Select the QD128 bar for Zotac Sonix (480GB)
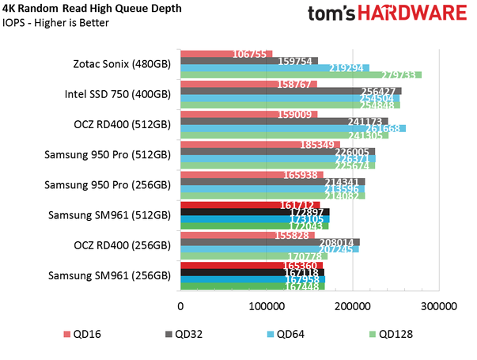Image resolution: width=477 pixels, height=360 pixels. [x=301, y=75]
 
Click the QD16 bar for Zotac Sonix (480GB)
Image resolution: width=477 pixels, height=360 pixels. [x=226, y=54]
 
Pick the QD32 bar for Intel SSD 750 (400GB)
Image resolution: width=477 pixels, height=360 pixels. [x=291, y=90]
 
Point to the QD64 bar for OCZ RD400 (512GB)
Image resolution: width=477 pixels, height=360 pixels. [x=293, y=128]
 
